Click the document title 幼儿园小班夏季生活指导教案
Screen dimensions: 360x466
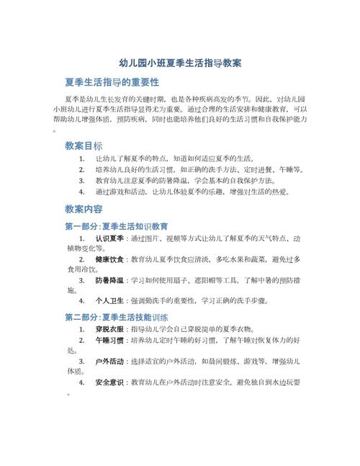(180, 63)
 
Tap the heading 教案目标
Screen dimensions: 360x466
(84, 145)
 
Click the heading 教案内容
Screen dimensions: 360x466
(84, 210)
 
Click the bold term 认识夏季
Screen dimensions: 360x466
(111, 238)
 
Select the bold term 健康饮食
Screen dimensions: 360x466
(111, 258)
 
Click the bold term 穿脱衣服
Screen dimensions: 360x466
(111, 328)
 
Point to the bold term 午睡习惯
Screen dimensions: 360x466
(111, 341)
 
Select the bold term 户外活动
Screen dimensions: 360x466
(111, 361)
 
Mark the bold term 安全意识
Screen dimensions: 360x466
(111, 382)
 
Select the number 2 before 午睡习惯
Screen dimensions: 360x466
(81, 341)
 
